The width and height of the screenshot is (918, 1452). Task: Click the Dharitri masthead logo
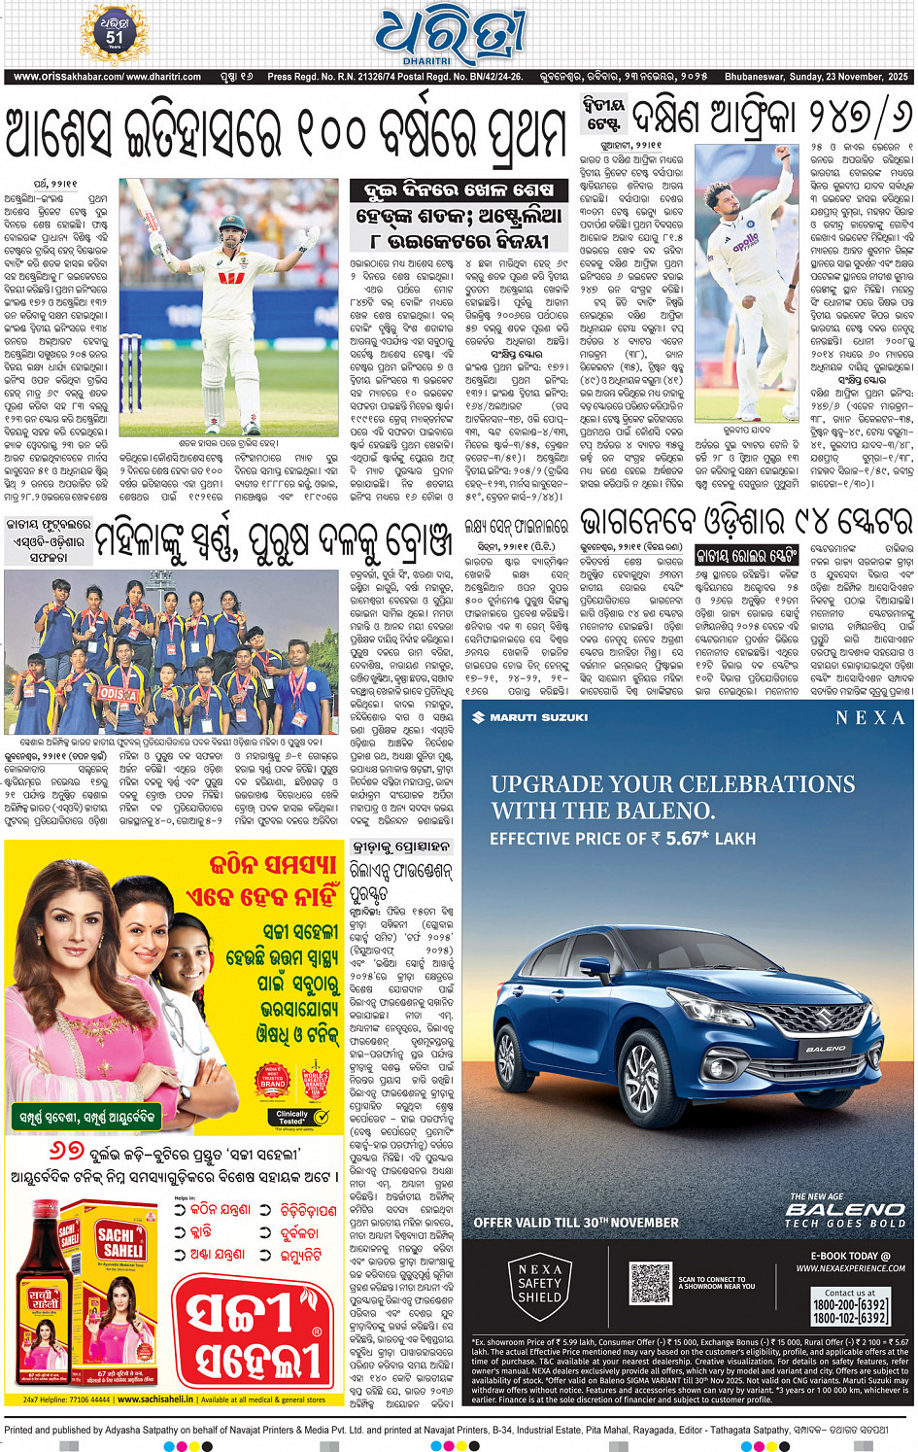click(x=451, y=36)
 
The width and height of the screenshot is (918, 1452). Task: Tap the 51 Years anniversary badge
click(x=115, y=32)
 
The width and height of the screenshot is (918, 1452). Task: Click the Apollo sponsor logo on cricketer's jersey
click(x=746, y=241)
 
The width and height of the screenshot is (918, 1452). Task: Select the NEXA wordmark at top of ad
click(x=869, y=717)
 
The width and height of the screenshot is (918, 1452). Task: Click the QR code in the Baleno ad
click(x=649, y=1283)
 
